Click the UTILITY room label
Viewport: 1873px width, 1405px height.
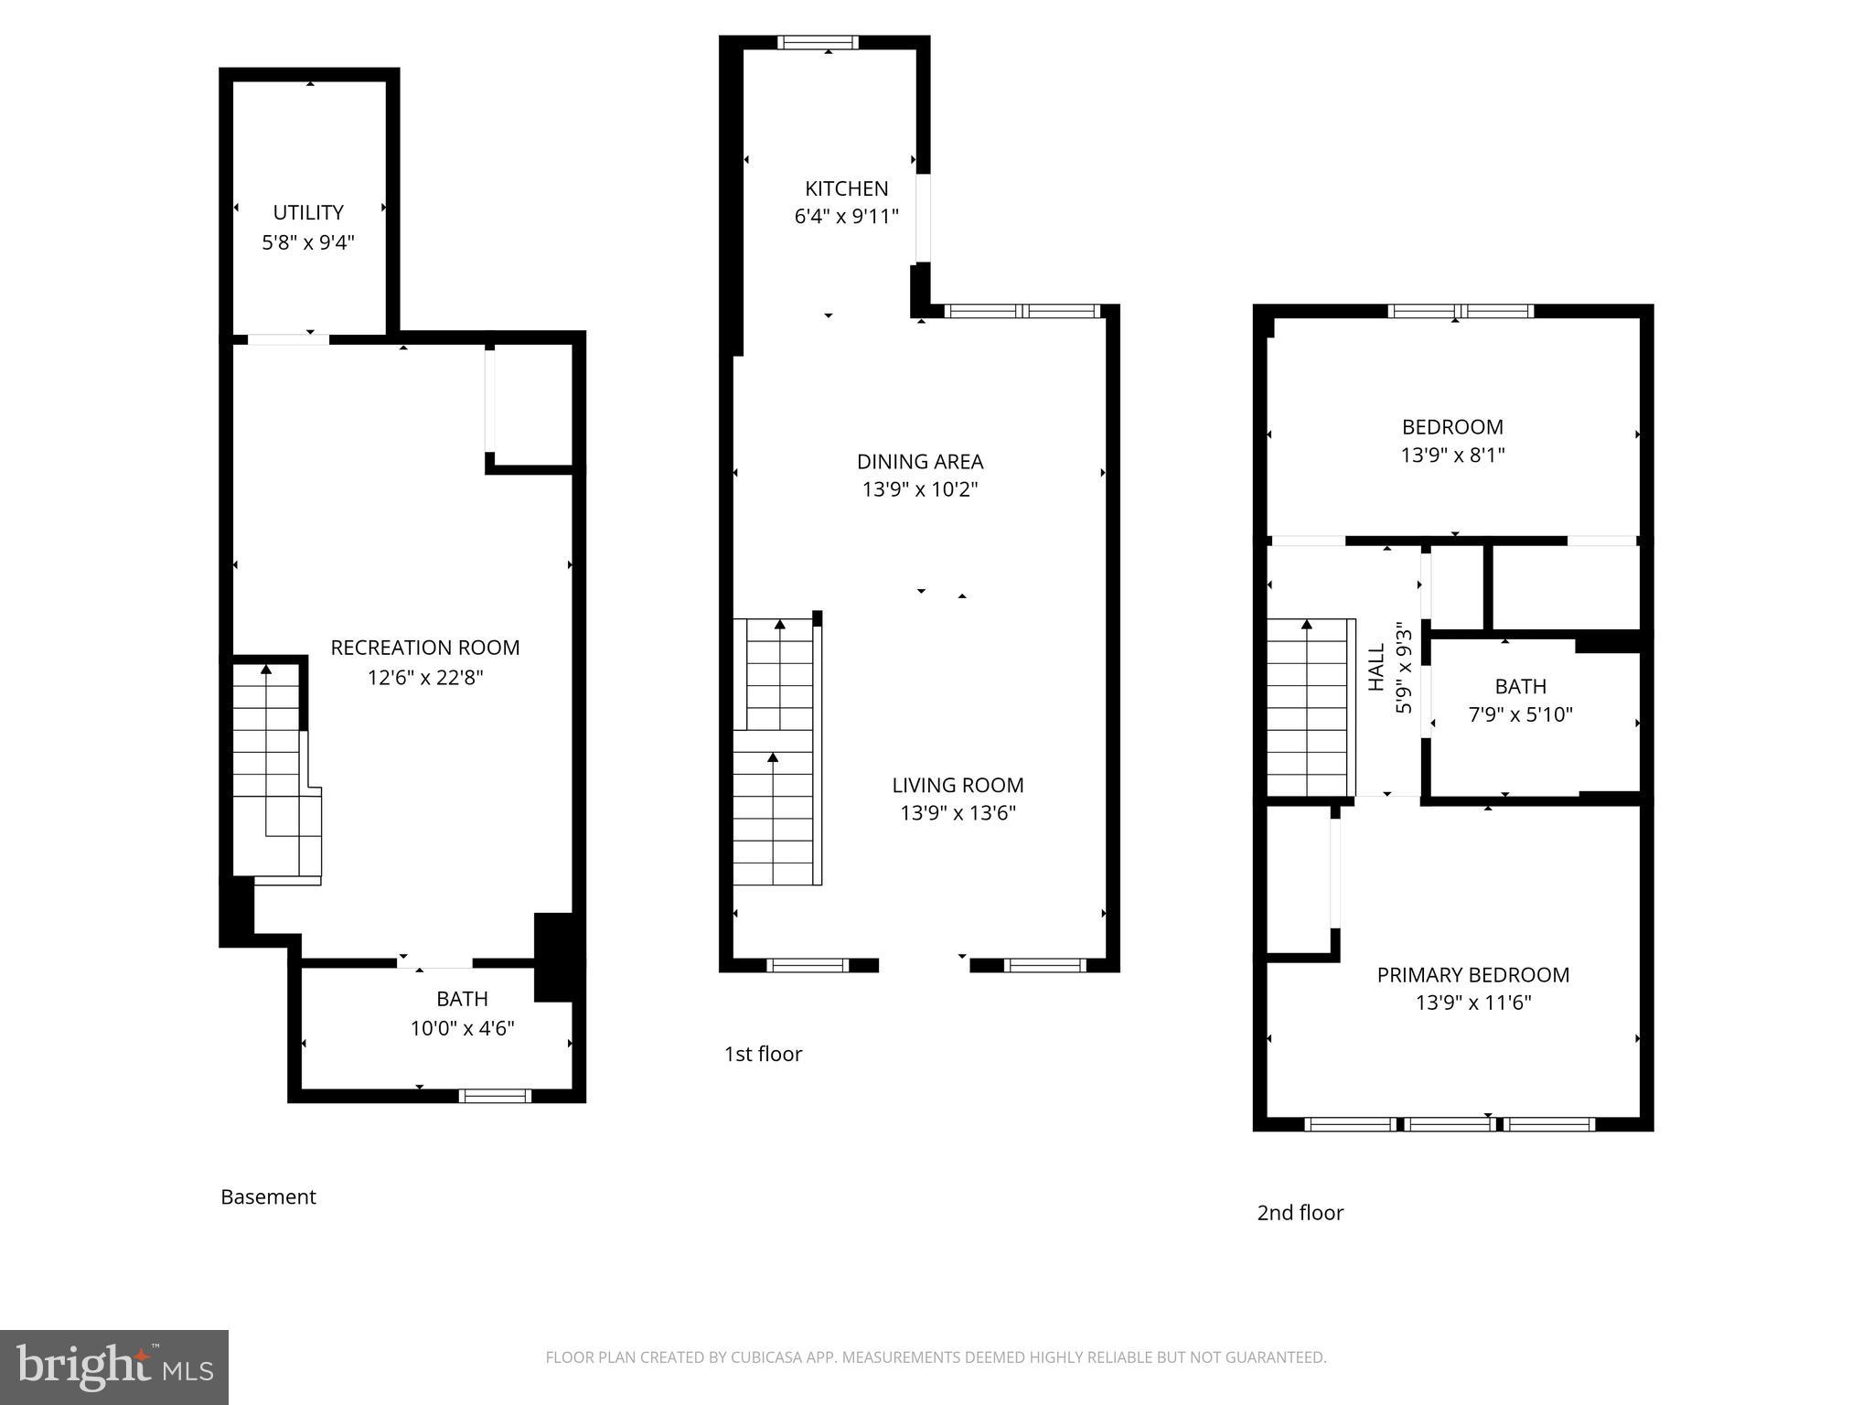[x=308, y=212]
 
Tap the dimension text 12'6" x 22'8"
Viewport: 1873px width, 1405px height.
[x=424, y=678]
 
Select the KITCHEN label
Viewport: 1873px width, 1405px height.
[x=846, y=188]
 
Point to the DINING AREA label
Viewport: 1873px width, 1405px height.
[x=920, y=461]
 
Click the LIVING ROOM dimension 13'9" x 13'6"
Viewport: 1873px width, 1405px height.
[x=958, y=813]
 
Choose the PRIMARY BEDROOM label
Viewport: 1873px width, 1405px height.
[x=1472, y=974]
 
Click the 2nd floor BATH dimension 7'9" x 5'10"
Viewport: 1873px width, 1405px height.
[x=1520, y=714]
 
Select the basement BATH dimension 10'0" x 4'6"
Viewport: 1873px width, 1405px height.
[x=462, y=1028]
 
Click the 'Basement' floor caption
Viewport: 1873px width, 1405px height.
[x=268, y=1196]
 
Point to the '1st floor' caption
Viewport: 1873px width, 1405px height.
[x=763, y=1054]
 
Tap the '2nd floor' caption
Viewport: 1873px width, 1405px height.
[x=1300, y=1213]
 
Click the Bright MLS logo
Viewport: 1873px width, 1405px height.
[x=113, y=1367]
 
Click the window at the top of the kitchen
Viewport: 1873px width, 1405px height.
[x=818, y=42]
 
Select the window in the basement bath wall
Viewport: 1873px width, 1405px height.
[x=495, y=1096]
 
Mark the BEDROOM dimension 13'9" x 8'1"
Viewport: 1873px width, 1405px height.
[x=1452, y=455]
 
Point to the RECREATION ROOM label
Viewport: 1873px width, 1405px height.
[x=424, y=648]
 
